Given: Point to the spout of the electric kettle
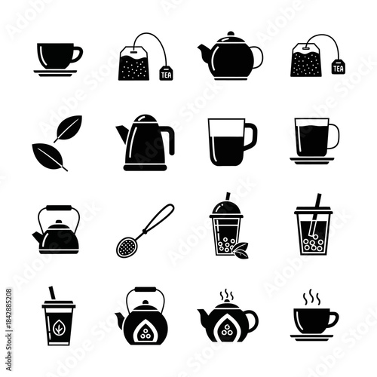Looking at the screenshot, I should [x=121, y=133].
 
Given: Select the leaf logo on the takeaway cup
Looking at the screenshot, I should [x=59, y=326].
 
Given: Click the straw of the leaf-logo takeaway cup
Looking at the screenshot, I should [x=52, y=293].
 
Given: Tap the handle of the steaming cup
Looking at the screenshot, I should [x=333, y=318].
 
